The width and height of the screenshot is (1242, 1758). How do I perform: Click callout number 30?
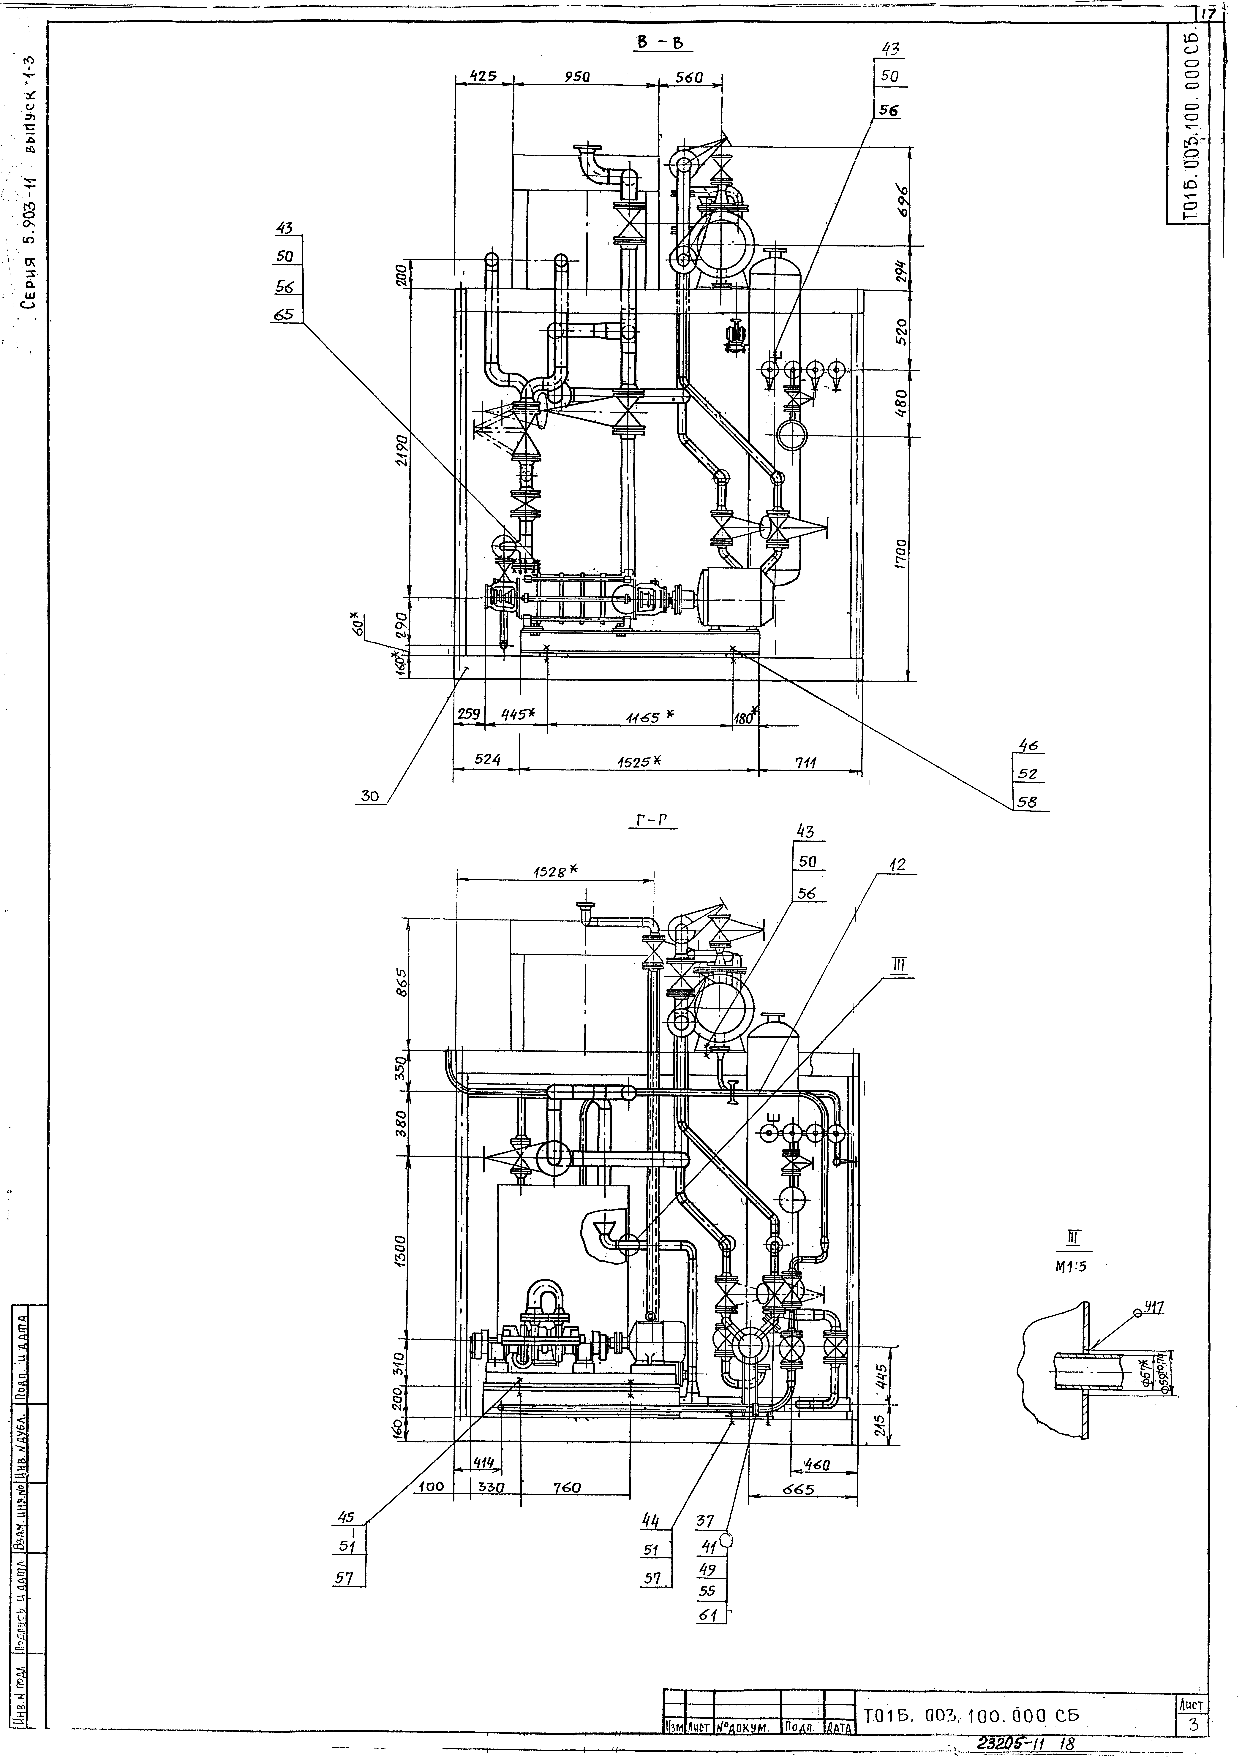[371, 796]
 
